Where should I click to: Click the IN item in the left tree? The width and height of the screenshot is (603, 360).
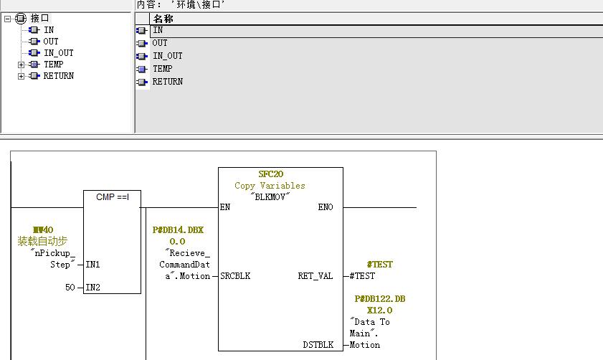[x=49, y=30]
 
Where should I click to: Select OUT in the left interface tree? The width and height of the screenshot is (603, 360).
[x=50, y=42]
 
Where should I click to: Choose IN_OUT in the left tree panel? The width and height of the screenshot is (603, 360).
[x=58, y=53]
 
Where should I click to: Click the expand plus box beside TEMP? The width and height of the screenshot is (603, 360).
[x=22, y=65]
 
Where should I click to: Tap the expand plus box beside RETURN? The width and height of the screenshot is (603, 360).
[x=22, y=76]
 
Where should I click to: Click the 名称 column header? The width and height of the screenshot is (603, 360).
[x=163, y=19]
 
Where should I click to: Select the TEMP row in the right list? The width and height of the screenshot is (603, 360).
[x=162, y=69]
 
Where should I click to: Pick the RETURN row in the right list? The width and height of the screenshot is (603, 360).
[x=167, y=82]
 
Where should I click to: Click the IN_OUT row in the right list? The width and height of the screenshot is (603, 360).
[x=167, y=56]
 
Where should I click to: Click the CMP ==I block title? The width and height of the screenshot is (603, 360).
[x=112, y=196]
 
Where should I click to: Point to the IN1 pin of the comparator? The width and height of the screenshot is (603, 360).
[x=92, y=265]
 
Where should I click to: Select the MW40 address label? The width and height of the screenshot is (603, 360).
[x=44, y=230]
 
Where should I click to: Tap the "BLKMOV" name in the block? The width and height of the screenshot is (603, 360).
[x=270, y=196]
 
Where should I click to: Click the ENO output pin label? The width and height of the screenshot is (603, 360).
[x=326, y=207]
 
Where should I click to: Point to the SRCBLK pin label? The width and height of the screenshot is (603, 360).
[x=235, y=276]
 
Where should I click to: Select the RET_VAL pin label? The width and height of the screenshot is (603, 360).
[x=315, y=276]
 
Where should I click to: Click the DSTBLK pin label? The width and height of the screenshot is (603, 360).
[x=318, y=345]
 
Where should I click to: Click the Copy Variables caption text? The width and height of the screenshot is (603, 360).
[x=270, y=185]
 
